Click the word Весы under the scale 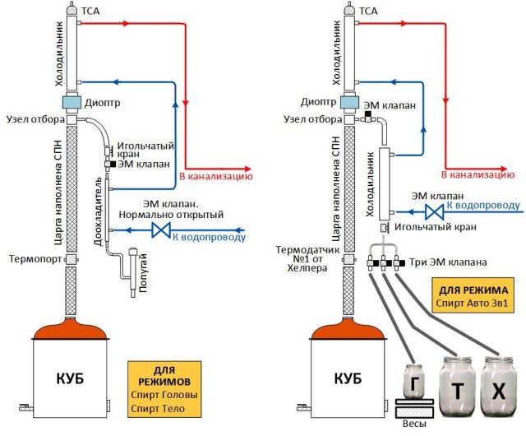pos(419,426)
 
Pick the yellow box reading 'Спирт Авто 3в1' pos(474,297)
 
